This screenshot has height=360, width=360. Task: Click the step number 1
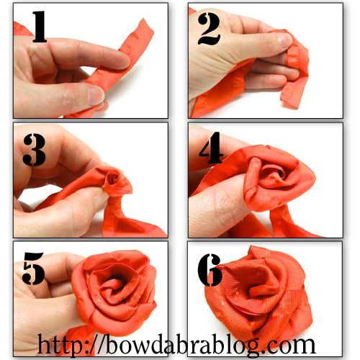[40, 27]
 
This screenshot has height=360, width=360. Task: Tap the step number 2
[209, 29]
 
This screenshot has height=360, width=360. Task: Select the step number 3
[34, 150]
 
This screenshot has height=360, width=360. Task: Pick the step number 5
[33, 269]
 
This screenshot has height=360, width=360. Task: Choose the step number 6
[210, 270]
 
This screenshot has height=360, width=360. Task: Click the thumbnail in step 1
[96, 96]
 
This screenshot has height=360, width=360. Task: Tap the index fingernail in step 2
[284, 40]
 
